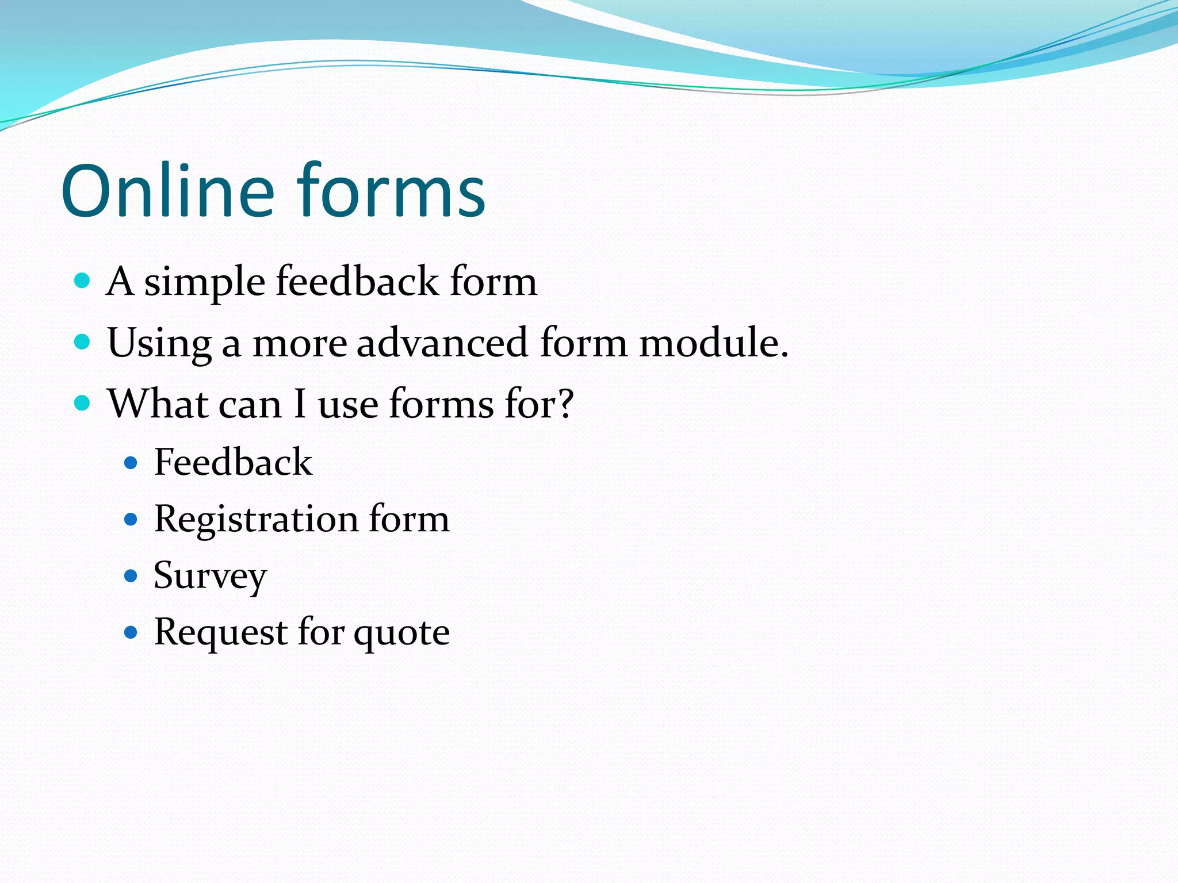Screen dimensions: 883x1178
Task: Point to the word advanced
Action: tap(442, 343)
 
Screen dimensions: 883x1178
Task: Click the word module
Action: tap(713, 343)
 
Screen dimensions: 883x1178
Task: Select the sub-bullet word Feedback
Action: tap(233, 462)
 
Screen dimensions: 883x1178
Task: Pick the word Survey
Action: tap(210, 576)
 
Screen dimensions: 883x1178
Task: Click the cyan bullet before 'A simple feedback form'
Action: tap(83, 281)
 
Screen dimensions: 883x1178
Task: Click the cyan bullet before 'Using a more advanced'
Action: tap(83, 342)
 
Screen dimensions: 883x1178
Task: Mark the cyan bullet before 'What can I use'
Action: tap(83, 403)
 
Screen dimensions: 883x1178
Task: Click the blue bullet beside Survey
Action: tap(131, 576)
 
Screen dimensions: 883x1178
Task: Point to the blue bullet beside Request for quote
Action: tap(131, 633)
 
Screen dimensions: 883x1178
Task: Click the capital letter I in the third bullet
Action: tap(299, 404)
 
